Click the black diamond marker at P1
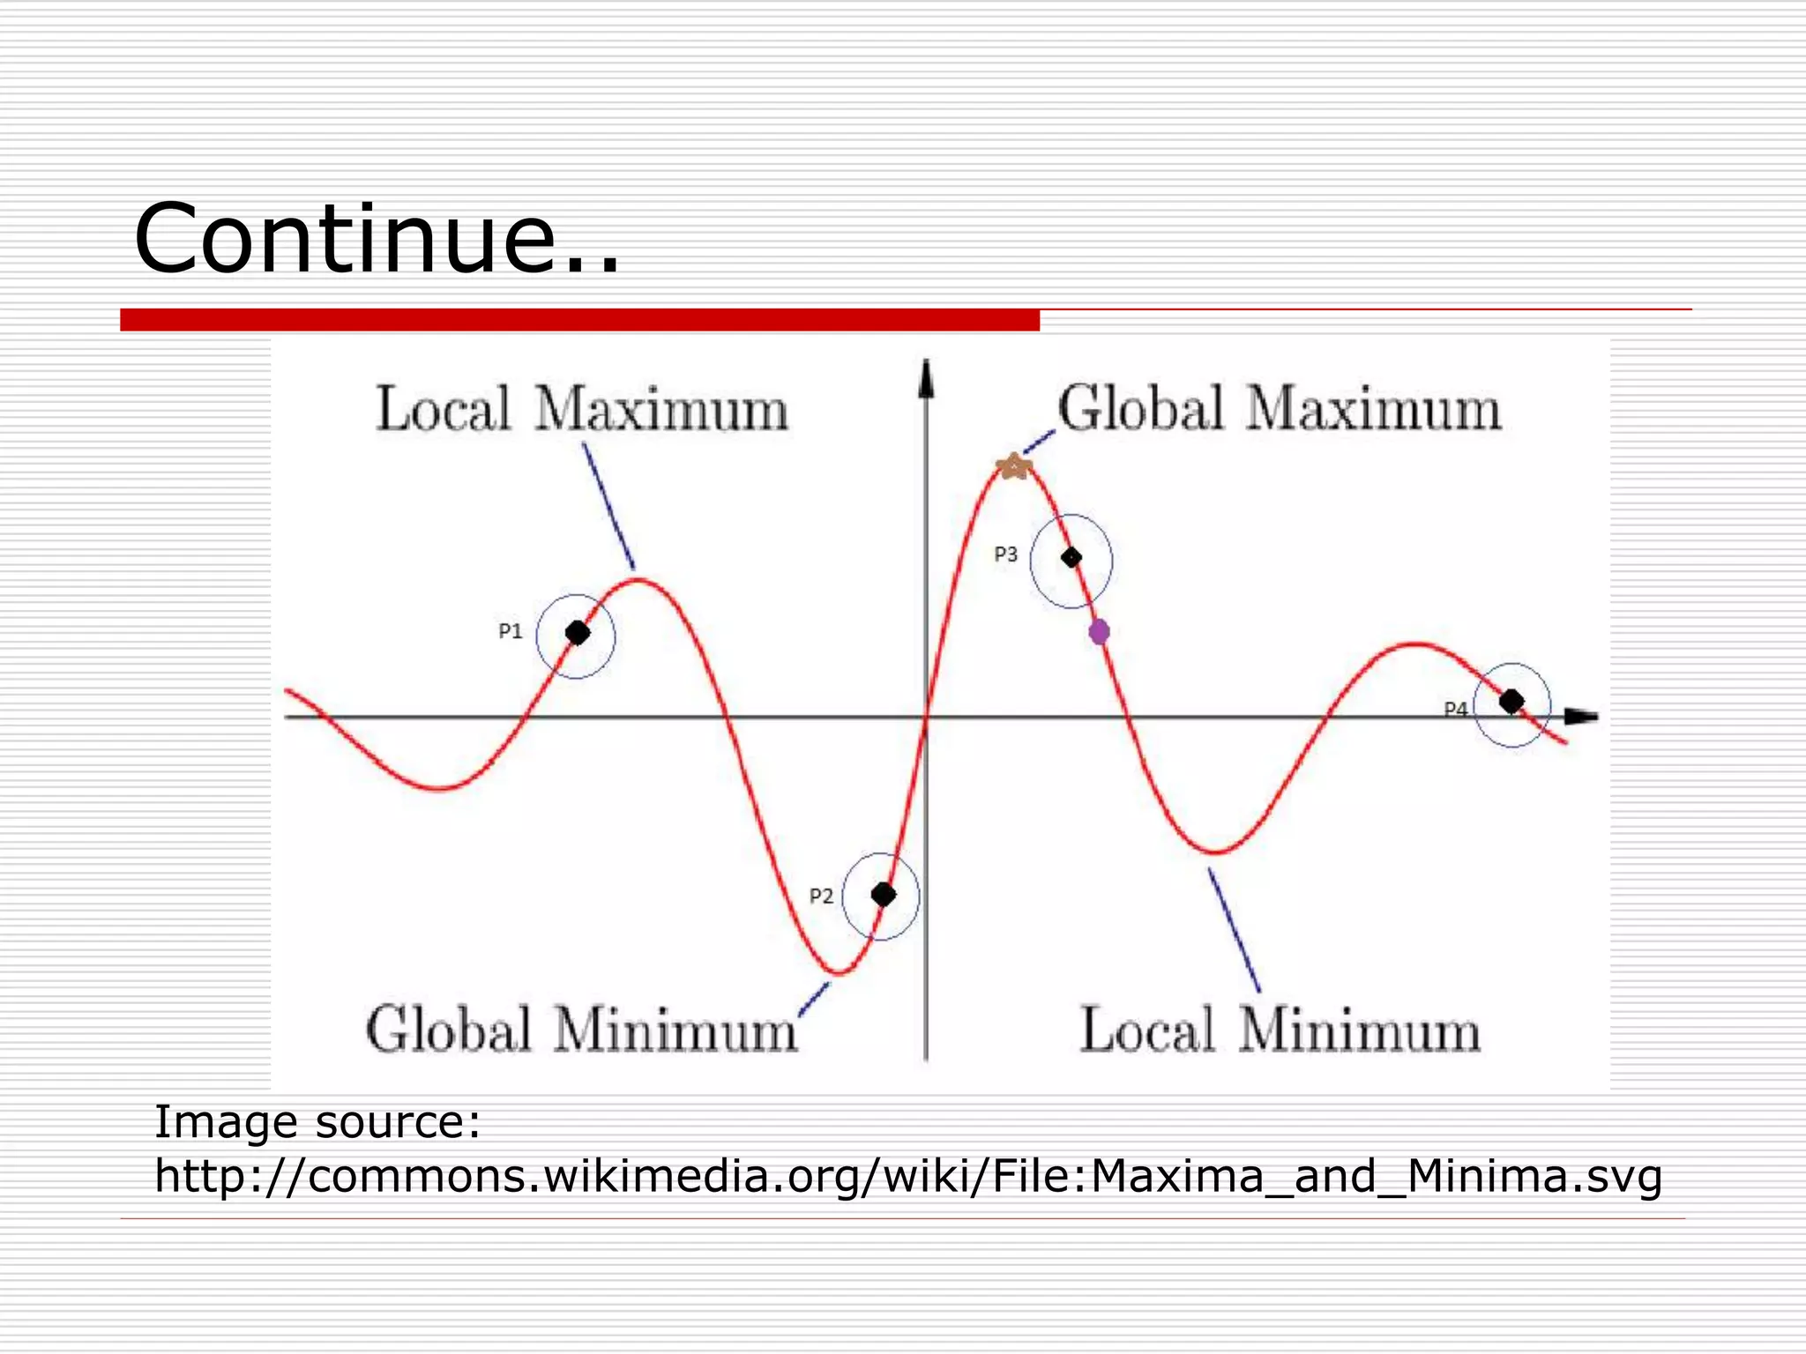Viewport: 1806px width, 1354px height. [578, 633]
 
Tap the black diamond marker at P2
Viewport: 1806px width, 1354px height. [884, 895]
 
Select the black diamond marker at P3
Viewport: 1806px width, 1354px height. [1071, 558]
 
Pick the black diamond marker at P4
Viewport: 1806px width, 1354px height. [1511, 702]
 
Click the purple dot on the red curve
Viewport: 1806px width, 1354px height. [1099, 631]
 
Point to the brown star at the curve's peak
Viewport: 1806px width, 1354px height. [1014, 465]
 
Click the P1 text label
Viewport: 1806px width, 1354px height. [511, 631]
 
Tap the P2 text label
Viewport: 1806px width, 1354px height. [821, 896]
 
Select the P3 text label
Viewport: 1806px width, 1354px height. [1006, 554]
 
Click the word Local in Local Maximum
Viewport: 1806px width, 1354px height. [443, 410]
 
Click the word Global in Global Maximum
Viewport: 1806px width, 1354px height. [1141, 409]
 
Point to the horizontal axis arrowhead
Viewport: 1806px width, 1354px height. [1582, 717]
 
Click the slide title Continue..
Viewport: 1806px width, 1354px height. [377, 239]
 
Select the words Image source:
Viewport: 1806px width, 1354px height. [317, 1122]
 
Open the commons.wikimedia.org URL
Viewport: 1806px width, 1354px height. [908, 1176]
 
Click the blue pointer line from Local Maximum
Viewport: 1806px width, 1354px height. [608, 506]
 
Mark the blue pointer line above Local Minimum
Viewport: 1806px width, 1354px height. [1234, 930]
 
